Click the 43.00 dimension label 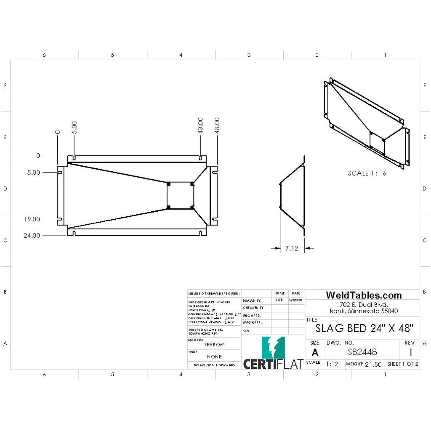pyautogui.click(x=201, y=126)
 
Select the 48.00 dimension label pyautogui.click(x=217, y=126)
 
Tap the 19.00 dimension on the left pyautogui.click(x=32, y=219)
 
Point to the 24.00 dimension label pyautogui.click(x=32, y=235)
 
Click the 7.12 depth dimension pyautogui.click(x=292, y=248)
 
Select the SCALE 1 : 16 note pyautogui.click(x=367, y=173)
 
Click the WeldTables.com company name pyautogui.click(x=364, y=295)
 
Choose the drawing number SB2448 pyautogui.click(x=362, y=352)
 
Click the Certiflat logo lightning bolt pyautogui.click(x=273, y=347)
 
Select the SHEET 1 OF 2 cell pyautogui.click(x=403, y=364)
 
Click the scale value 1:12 pyautogui.click(x=332, y=364)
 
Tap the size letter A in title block pyautogui.click(x=314, y=352)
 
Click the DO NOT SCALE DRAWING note pyautogui.click(x=214, y=366)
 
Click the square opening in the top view pyautogui.click(x=180, y=195)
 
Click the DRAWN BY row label pyautogui.click(x=252, y=301)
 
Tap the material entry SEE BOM pyautogui.click(x=214, y=344)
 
